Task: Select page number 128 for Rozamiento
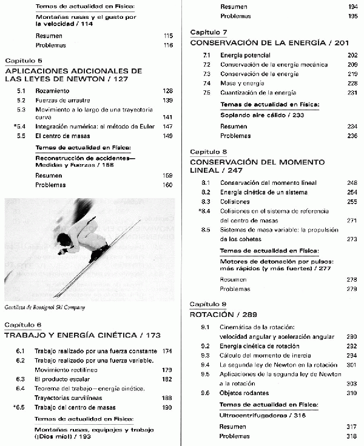click(167, 91)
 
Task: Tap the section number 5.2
click(21, 100)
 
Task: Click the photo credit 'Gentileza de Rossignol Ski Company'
click(44, 307)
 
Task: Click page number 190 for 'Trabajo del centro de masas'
click(167, 407)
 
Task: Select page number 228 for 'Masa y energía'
click(352, 83)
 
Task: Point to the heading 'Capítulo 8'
click(209, 151)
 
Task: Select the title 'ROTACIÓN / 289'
click(223, 315)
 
